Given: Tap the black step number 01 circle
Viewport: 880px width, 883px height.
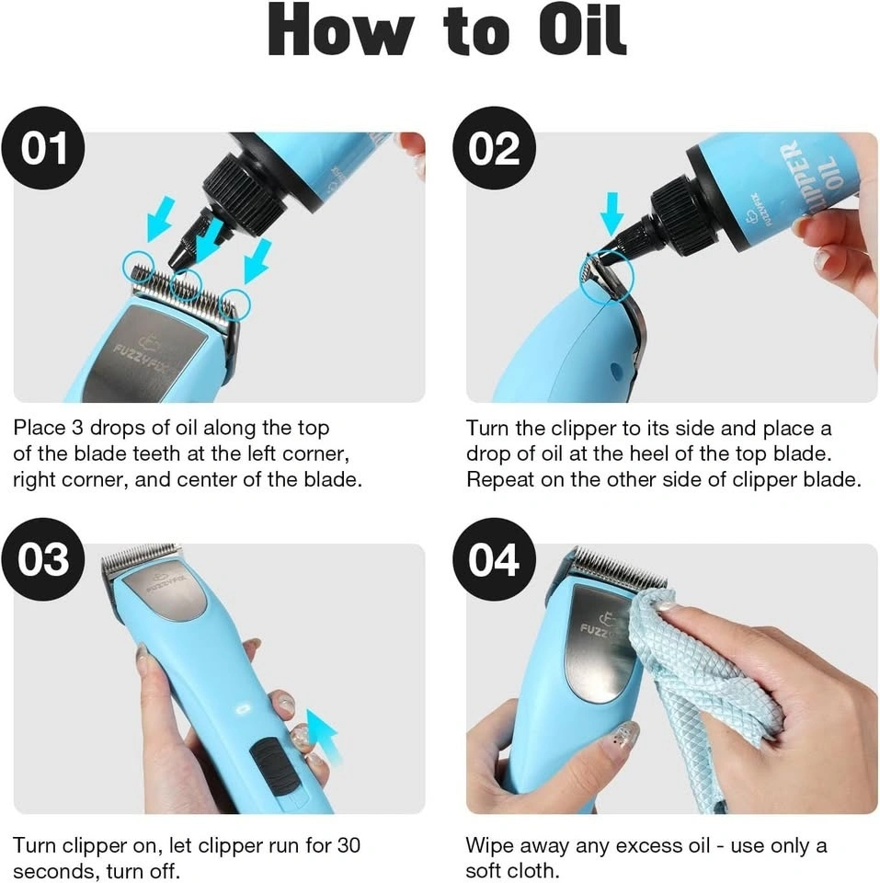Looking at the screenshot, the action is point(43,148).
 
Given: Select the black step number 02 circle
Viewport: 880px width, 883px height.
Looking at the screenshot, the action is point(495,148).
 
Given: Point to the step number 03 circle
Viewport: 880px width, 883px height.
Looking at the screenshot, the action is point(43,559).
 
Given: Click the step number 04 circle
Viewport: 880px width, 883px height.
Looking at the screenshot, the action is point(495,559).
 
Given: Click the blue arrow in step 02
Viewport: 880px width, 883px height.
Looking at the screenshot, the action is point(612,214).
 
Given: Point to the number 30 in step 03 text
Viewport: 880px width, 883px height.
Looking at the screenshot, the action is point(349,845).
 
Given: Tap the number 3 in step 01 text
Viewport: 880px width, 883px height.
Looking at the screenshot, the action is point(77,428).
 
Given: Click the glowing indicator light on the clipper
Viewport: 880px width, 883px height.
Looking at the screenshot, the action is point(245,708).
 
